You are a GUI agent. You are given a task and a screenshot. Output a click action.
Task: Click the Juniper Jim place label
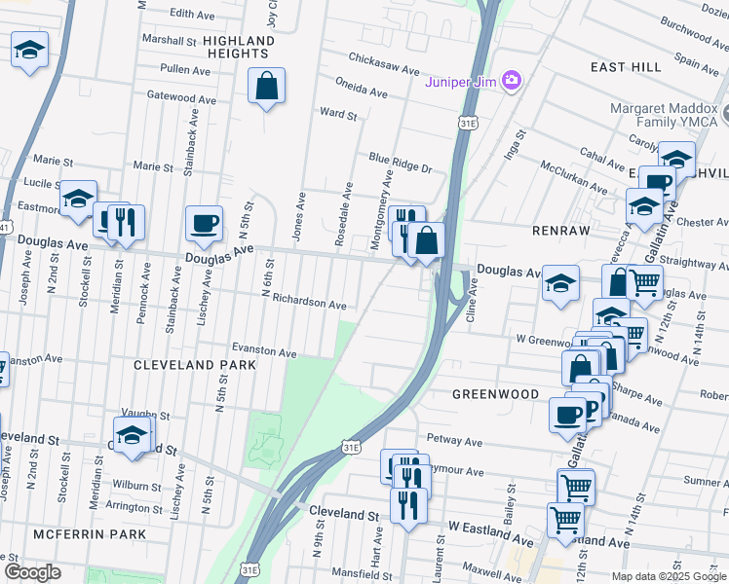(x=460, y=81)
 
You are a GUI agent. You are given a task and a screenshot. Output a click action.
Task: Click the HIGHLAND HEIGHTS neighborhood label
(x=243, y=47)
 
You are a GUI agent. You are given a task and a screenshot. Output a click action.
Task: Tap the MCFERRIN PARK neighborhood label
(x=89, y=534)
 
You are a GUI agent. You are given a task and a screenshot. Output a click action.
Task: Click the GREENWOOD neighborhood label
(x=495, y=394)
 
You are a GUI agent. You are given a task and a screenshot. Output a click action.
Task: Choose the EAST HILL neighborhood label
(x=626, y=66)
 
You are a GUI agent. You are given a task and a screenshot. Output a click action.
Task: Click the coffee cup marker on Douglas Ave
(x=205, y=224)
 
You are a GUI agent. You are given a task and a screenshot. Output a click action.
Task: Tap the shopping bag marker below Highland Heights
(x=266, y=86)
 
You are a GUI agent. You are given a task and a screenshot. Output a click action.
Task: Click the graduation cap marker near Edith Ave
(x=29, y=49)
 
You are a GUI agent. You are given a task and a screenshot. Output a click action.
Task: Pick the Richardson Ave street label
(x=309, y=304)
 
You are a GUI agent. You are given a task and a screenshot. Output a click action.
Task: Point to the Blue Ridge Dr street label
(x=400, y=163)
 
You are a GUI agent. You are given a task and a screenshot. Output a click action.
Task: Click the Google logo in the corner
(x=32, y=572)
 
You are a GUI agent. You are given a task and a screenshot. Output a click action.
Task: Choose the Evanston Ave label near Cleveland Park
(x=263, y=350)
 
